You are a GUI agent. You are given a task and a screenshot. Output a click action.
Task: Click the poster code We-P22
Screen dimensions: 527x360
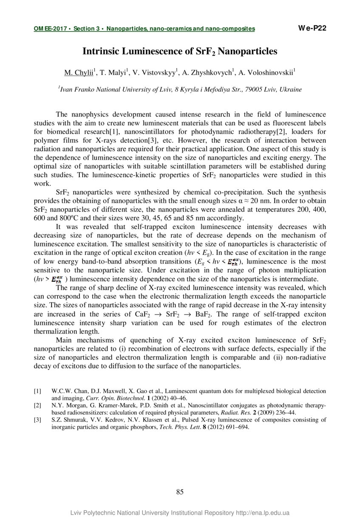[x=312, y=28]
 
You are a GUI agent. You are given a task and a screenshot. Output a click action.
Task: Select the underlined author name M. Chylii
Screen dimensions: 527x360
[x=79, y=73]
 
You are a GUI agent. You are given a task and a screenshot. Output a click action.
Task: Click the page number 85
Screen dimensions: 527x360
[x=180, y=492]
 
